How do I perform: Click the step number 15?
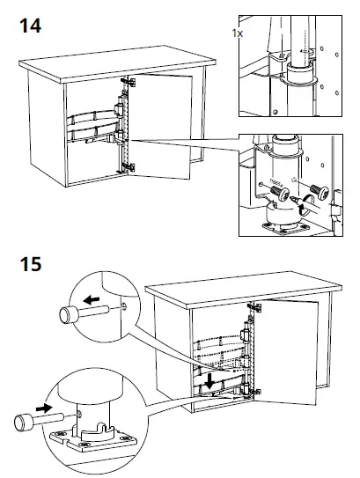coord(30,263)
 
